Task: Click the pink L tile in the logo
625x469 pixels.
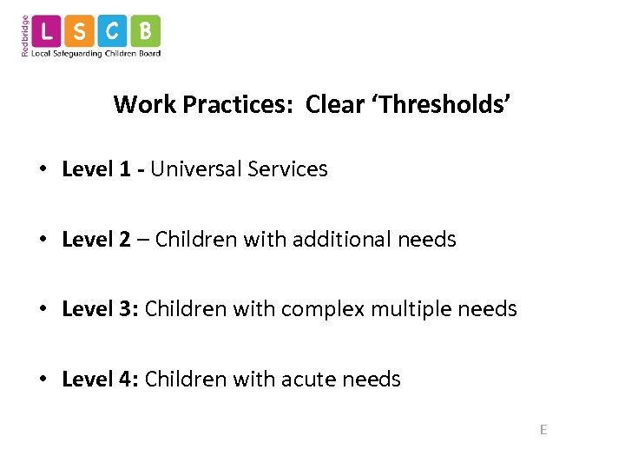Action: click(48, 32)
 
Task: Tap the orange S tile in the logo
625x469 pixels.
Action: click(80, 32)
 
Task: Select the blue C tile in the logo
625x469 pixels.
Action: click(113, 32)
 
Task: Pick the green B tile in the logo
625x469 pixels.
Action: click(145, 32)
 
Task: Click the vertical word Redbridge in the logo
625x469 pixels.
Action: click(25, 36)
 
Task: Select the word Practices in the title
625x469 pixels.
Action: click(249, 105)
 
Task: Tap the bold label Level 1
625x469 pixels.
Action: click(97, 169)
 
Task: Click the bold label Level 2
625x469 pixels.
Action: click(97, 239)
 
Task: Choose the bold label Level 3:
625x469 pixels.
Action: click(100, 309)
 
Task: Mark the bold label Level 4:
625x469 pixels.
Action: click(100, 379)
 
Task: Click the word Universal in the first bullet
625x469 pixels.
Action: click(196, 169)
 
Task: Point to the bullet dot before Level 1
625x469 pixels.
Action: click(43, 170)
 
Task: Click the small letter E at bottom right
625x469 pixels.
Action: click(543, 429)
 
